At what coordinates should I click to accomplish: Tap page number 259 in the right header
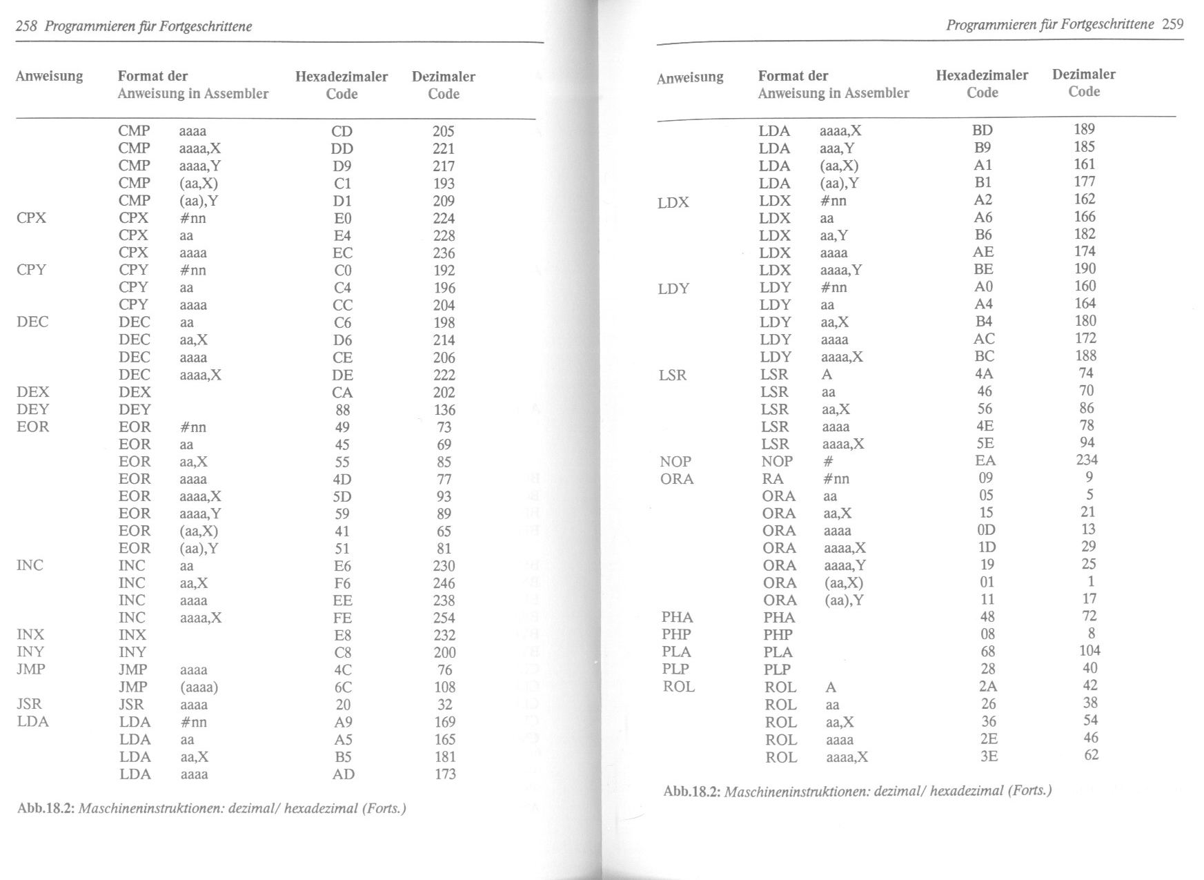click(1172, 24)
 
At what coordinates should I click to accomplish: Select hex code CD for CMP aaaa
click(342, 131)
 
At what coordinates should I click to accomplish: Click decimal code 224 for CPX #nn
click(444, 218)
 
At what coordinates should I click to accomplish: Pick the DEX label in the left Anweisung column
click(33, 392)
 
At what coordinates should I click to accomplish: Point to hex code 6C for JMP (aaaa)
click(342, 687)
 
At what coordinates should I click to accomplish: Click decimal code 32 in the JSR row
click(445, 704)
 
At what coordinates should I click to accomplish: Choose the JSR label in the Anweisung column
click(29, 704)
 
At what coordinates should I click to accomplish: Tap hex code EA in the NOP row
click(986, 460)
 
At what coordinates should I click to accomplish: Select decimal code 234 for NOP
click(1086, 460)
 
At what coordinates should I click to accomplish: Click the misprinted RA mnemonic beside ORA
click(773, 478)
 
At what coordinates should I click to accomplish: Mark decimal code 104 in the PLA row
click(1089, 650)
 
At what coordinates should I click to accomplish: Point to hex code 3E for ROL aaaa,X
click(989, 756)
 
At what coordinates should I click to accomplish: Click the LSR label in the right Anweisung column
click(673, 375)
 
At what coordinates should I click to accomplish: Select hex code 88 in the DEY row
click(342, 409)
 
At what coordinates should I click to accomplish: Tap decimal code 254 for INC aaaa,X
click(444, 618)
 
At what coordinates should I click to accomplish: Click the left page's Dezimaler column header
click(444, 77)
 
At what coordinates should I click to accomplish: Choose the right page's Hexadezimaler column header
click(982, 75)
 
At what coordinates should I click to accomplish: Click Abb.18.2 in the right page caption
click(691, 792)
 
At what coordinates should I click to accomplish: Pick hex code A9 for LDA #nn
click(343, 722)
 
